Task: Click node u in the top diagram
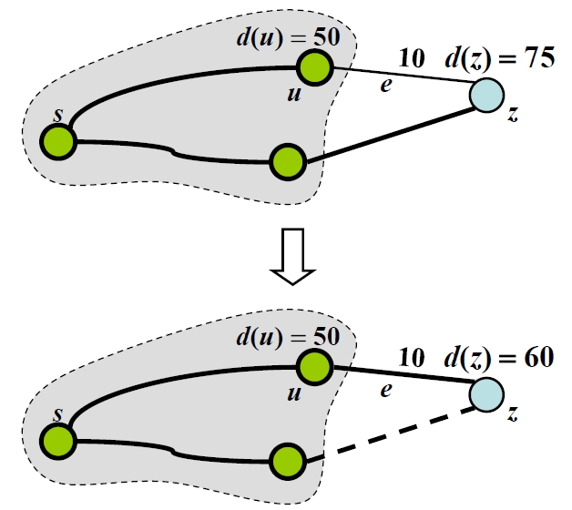314,66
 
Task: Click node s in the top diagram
59,141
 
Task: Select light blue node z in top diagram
486,95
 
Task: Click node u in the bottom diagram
314,366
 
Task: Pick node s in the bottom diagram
59,442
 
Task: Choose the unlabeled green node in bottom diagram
287,459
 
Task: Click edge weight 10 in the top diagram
412,59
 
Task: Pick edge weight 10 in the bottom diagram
412,358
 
